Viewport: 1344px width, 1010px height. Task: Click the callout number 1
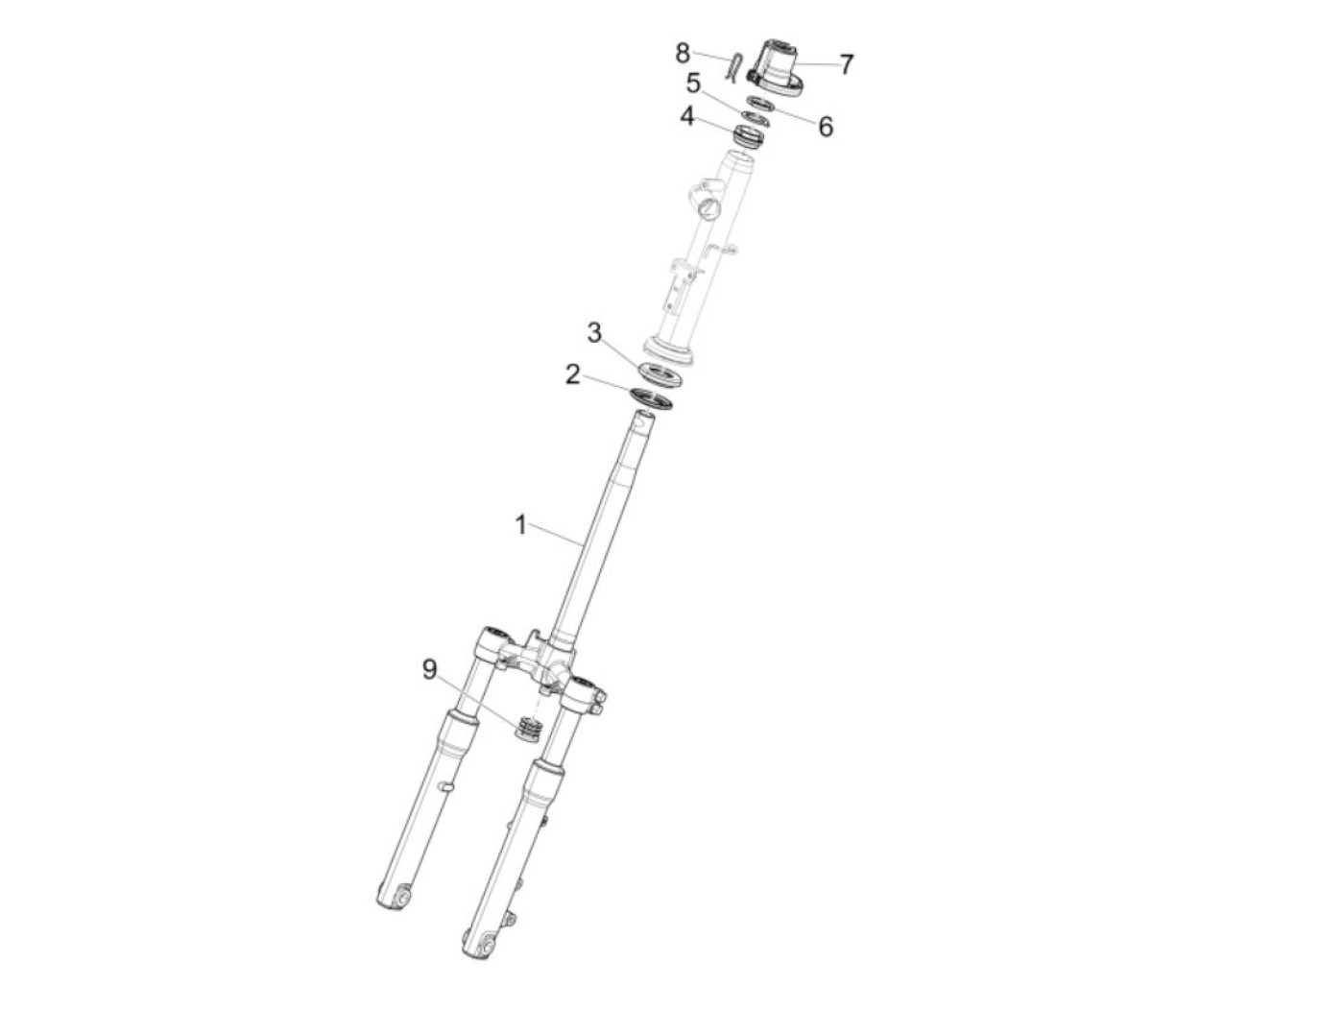point(520,525)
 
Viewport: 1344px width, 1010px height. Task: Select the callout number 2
point(572,374)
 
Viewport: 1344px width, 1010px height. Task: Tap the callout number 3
point(594,333)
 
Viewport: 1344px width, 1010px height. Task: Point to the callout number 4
point(687,116)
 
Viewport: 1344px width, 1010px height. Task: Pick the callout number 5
point(693,84)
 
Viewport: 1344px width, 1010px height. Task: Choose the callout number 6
point(826,127)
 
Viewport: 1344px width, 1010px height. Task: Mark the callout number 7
point(846,64)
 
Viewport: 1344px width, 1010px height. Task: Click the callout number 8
point(683,53)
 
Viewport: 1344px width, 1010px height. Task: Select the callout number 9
point(430,670)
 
